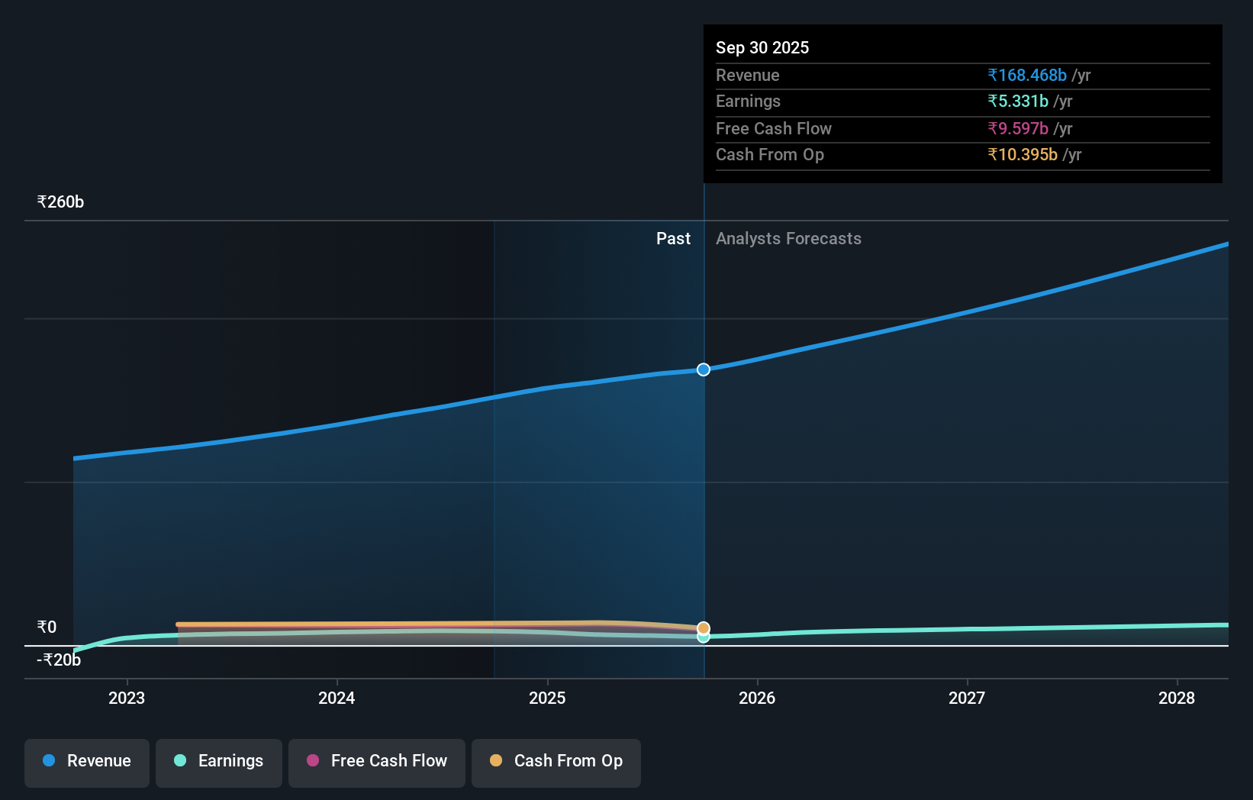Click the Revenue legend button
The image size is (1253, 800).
[x=87, y=761]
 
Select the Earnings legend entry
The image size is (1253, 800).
[x=219, y=761]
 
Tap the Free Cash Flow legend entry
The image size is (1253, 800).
[x=377, y=761]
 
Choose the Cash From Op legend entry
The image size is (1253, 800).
[x=556, y=761]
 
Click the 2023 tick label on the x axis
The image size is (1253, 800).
[x=127, y=698]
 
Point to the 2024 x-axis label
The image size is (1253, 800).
[x=337, y=698]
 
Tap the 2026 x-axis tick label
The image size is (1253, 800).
[x=757, y=698]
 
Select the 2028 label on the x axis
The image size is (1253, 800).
[x=1177, y=698]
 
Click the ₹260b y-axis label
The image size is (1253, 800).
[x=60, y=202]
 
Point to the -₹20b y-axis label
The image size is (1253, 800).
[x=59, y=660]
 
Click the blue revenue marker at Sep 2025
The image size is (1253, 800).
[x=704, y=369]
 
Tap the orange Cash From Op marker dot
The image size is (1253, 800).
[x=704, y=628]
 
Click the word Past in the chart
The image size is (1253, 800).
[x=673, y=239]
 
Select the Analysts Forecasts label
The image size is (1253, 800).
[x=788, y=239]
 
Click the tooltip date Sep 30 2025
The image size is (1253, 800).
[x=762, y=47]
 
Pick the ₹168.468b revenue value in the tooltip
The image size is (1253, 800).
[x=1027, y=75]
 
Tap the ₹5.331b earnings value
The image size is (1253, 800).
[x=1018, y=102]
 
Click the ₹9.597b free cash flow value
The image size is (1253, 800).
[x=1018, y=128]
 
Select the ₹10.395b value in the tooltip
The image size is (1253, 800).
[x=1023, y=155]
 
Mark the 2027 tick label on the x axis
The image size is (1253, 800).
[x=967, y=698]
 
